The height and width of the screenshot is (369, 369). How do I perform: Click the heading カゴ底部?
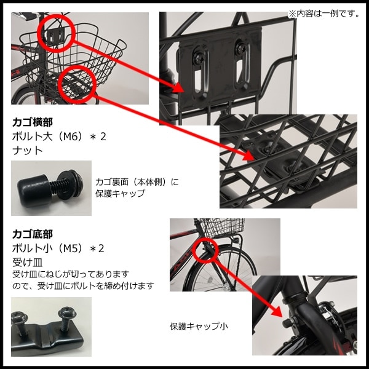click(x=33, y=234)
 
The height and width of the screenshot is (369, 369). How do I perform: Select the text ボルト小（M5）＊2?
click(x=58, y=248)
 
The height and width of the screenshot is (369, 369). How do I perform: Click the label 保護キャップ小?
click(x=199, y=327)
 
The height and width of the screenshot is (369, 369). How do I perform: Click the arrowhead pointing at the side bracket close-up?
click(x=178, y=87)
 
